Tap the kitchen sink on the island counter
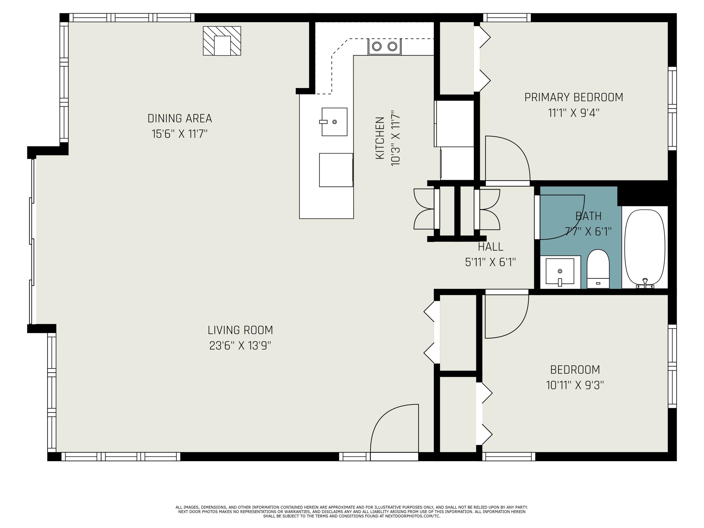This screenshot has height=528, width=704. (x=334, y=122)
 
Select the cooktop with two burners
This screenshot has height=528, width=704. (x=384, y=46)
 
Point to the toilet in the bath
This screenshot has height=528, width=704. (x=598, y=269)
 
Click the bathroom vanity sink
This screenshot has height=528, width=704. (x=560, y=271)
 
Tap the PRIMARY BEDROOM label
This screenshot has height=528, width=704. (x=574, y=97)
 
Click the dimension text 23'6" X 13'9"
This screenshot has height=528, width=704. (x=240, y=346)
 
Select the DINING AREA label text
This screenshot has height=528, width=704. (x=180, y=119)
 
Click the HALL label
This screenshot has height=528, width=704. (x=490, y=247)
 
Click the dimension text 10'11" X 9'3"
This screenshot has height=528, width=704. (x=575, y=385)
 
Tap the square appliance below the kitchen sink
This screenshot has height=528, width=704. (x=336, y=170)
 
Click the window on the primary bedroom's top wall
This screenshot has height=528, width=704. (x=507, y=18)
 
